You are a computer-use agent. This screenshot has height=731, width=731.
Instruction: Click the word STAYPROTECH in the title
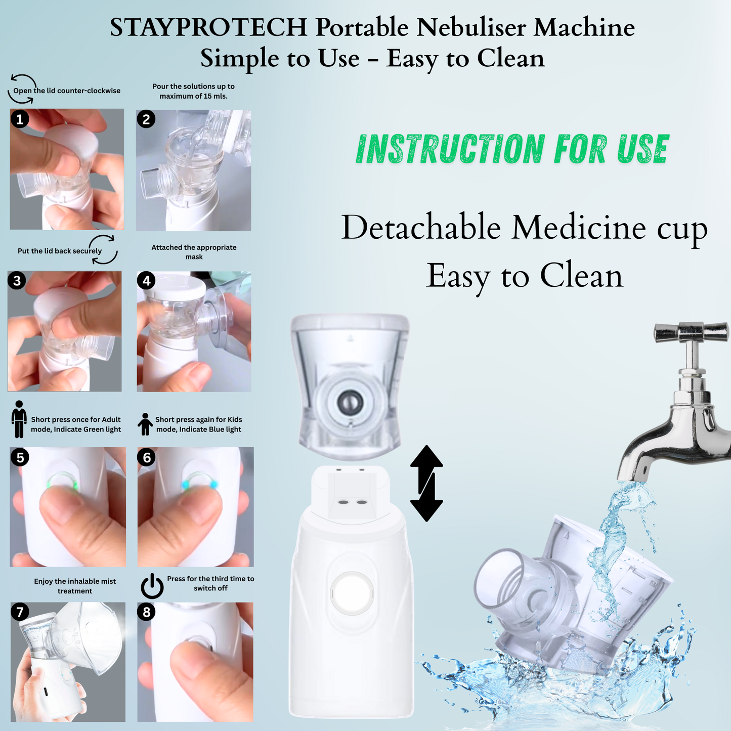coord(208,28)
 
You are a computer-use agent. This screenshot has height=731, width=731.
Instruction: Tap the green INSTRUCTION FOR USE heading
coord(512,149)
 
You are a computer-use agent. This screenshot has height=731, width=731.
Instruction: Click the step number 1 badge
coord(20,119)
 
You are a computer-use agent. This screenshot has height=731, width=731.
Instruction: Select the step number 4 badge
coord(146,281)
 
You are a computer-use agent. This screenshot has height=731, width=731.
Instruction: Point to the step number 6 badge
coord(146,457)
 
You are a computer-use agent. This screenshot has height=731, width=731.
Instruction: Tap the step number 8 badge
coord(146,612)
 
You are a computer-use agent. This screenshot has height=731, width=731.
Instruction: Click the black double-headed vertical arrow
coord(426,483)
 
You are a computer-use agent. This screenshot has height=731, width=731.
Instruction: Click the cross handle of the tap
coord(691,333)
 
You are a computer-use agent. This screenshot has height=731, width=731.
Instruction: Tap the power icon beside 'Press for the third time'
coord(152,586)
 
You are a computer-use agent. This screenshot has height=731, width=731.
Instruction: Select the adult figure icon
coord(19,419)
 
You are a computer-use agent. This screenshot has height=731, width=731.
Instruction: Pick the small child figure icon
coord(145,424)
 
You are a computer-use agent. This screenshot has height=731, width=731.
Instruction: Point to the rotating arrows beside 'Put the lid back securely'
coord(104,249)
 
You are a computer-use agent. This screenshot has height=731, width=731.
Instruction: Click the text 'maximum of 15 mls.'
coord(193,96)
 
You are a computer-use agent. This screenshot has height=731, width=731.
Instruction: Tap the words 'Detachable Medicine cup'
coord(524,228)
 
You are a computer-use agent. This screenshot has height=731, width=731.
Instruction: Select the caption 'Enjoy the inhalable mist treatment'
coord(75,586)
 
